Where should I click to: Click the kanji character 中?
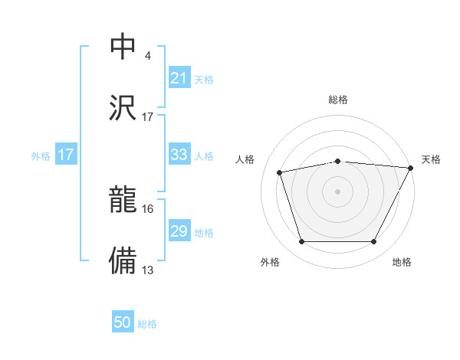(123, 47)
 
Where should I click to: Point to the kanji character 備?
(123, 260)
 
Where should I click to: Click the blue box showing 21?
(179, 78)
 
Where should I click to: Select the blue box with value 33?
(179, 155)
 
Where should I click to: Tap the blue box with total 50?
(123, 322)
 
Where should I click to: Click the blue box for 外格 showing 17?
(66, 155)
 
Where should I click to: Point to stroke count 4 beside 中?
(147, 56)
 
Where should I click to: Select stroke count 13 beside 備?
(147, 270)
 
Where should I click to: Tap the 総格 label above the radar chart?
(338, 100)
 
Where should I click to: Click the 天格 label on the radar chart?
(431, 159)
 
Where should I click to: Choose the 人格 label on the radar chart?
(245, 159)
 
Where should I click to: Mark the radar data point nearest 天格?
(412, 168)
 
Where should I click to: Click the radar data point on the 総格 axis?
(338, 161)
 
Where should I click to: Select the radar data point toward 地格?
(374, 242)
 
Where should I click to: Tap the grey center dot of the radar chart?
(338, 191)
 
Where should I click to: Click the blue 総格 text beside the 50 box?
(147, 324)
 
